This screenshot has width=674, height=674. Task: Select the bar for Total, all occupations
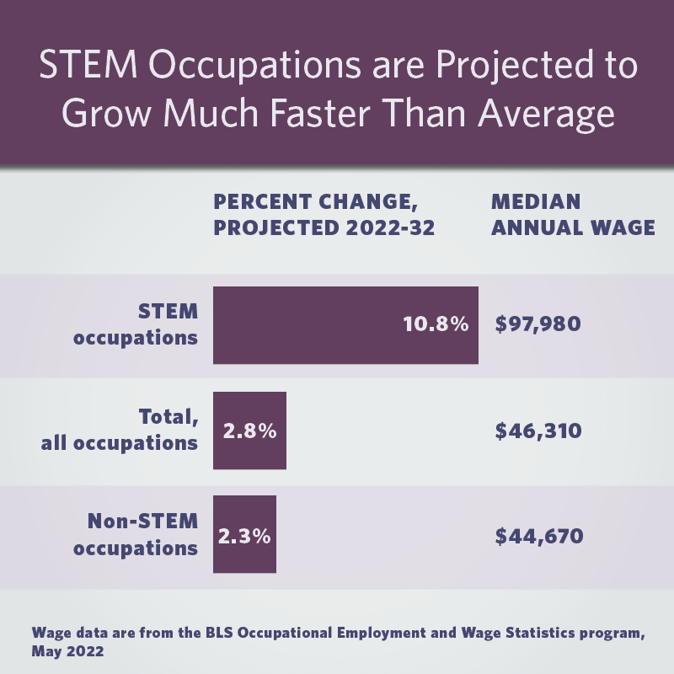249,431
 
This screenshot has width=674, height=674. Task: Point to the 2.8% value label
249,431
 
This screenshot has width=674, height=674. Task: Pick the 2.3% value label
244,535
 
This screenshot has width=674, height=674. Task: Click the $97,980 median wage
538,324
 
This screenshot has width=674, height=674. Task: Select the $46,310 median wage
538,431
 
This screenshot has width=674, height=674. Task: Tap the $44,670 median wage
538,535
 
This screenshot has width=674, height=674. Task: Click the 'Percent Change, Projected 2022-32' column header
324,215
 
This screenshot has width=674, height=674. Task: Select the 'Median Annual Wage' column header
572,215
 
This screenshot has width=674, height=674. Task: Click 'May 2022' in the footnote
67,651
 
